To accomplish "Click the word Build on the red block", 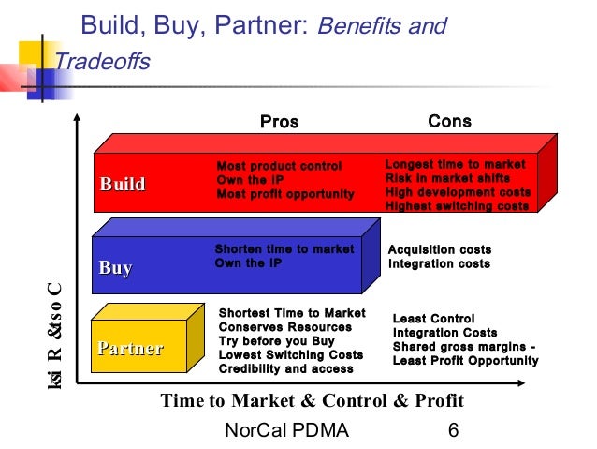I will point(123,185).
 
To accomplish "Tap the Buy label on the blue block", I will point(116,268).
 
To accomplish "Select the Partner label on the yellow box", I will point(130,349).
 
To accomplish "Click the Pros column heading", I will point(279,122).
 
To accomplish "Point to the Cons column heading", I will point(449,122).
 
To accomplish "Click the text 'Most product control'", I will point(280,167).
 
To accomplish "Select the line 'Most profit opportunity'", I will point(285,194).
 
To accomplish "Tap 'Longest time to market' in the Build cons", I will point(456,165).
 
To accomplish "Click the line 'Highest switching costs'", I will point(458,206).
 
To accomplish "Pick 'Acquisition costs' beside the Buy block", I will point(440,250).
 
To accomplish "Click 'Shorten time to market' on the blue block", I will point(284,249).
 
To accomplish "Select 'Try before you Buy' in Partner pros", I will point(276,341).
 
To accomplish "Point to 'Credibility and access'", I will point(285,369).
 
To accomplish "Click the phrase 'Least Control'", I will point(433,319).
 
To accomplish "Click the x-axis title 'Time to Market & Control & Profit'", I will point(313,401).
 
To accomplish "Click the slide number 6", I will point(454,430).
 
